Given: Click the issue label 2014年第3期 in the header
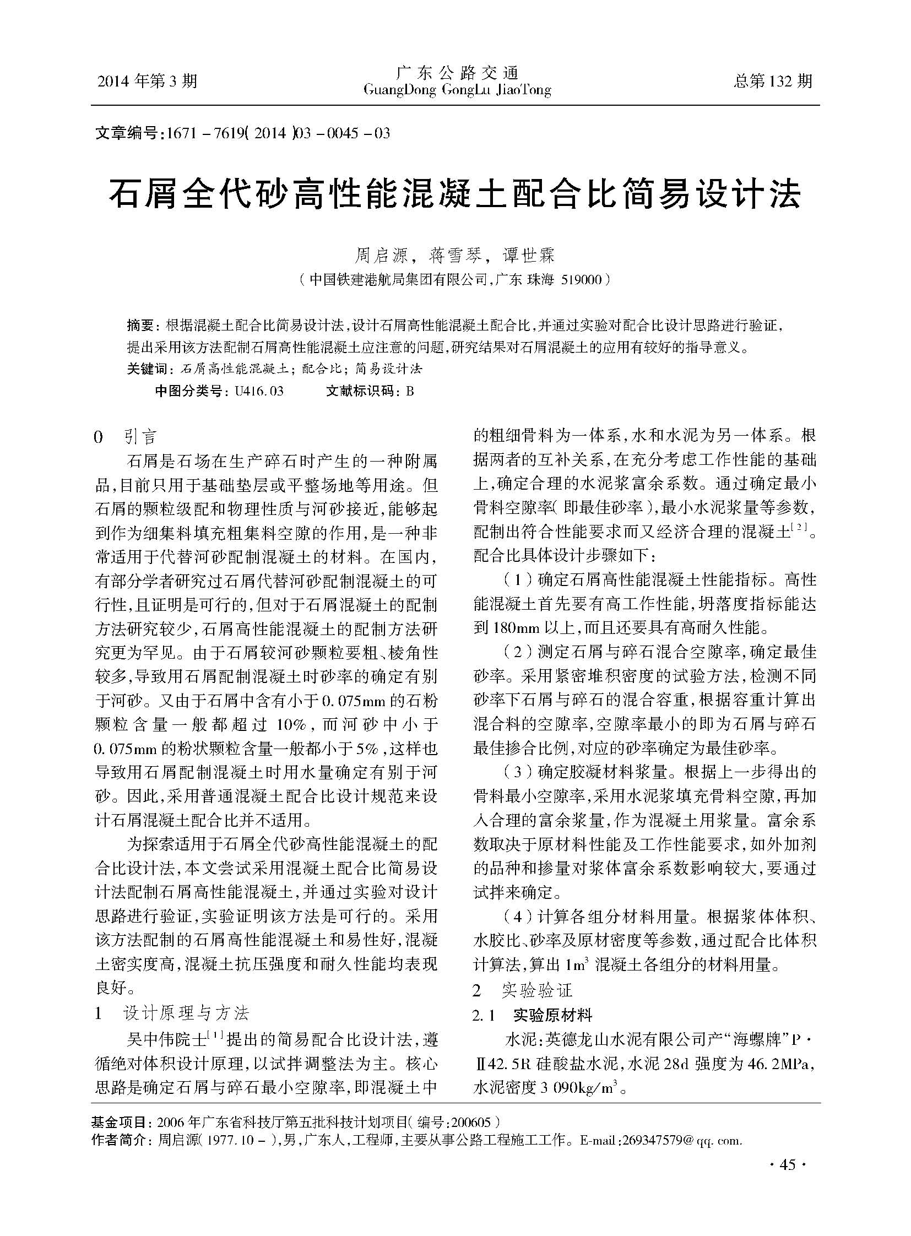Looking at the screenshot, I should pyautogui.click(x=147, y=81).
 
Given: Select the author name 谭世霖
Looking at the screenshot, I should pyautogui.click(x=529, y=256).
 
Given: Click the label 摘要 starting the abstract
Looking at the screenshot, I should pyautogui.click(x=140, y=326).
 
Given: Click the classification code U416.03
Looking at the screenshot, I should pyautogui.click(x=259, y=391).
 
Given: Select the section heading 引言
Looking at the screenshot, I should pyautogui.click(x=141, y=437).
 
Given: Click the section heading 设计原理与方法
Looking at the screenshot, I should pyautogui.click(x=186, y=1013).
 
